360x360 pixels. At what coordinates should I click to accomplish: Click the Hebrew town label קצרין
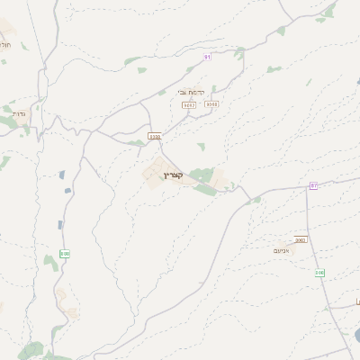click(x=174, y=175)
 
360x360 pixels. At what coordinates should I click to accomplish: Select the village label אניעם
click(x=281, y=250)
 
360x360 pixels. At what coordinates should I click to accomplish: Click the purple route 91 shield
click(x=207, y=57)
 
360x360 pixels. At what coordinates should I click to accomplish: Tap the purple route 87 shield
click(x=313, y=185)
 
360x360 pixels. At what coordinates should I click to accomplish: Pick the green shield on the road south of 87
click(x=319, y=272)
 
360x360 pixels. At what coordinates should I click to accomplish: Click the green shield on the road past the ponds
click(x=65, y=255)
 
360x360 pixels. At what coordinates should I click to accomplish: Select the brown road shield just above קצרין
click(x=154, y=137)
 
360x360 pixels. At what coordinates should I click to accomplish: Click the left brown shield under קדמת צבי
click(x=189, y=104)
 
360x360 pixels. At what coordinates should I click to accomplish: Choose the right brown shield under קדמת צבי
click(x=211, y=104)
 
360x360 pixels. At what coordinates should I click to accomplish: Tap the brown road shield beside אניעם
click(x=301, y=240)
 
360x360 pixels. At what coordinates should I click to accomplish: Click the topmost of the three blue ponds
click(x=62, y=175)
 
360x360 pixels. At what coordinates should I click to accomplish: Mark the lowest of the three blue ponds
click(x=59, y=224)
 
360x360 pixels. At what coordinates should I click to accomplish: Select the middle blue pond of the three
click(x=67, y=190)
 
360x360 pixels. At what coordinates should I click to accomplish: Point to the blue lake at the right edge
click(x=356, y=335)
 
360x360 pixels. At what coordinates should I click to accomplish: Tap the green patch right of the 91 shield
click(x=238, y=53)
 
